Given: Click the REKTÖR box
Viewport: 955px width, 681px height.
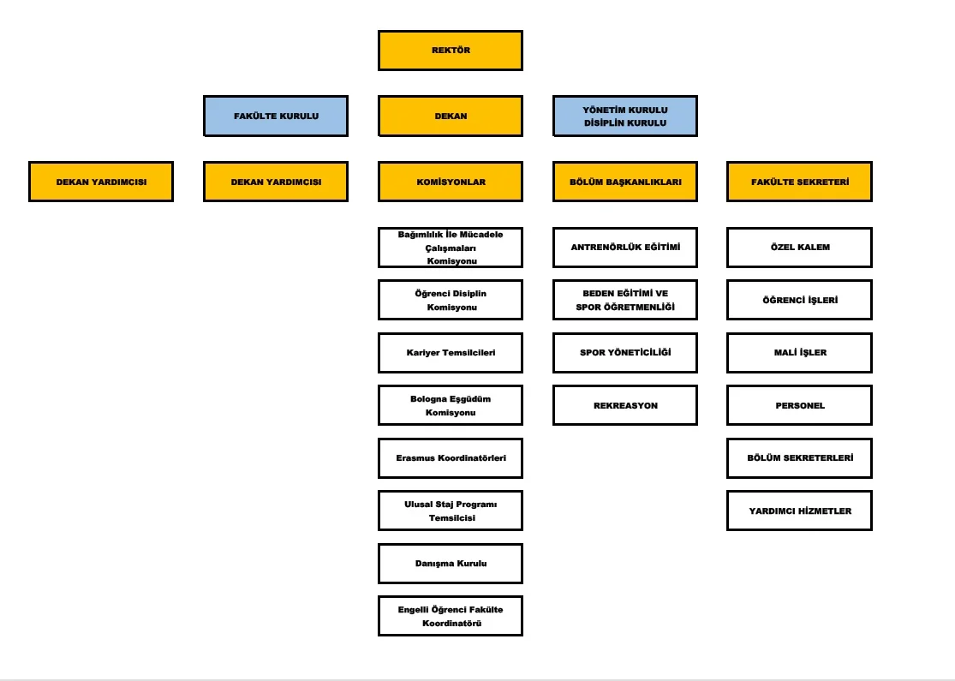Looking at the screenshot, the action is pos(451,51).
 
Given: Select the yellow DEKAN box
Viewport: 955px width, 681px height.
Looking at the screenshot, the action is pos(451,116).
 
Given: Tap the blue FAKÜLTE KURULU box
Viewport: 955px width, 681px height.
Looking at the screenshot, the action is pos(276,116).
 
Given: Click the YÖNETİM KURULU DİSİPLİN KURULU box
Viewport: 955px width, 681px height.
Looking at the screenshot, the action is pos(625,116).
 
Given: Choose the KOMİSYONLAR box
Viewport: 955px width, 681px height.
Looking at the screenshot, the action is pos(451,182).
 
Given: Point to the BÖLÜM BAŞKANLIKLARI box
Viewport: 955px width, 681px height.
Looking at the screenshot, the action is pos(625,182).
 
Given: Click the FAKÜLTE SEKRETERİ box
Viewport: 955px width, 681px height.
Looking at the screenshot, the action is pos(800,182).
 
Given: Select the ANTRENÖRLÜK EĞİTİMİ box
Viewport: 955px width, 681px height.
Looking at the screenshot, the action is pos(625,248).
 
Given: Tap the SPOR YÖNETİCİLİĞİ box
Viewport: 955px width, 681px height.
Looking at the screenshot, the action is pos(625,353).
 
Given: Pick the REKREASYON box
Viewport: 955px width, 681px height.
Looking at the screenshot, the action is pos(625,405).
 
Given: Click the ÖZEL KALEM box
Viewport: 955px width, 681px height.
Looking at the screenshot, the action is pos(800,248).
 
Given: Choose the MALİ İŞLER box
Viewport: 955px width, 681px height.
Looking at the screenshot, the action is pos(800,353).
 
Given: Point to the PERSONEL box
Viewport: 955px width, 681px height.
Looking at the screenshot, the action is pos(800,405).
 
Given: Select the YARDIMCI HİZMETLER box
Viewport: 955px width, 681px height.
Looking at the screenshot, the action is pos(800,511).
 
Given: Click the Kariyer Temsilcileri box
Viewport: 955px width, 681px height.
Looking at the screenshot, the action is pos(451,353).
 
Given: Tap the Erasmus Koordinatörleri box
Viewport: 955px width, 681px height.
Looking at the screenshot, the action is pos(451,458).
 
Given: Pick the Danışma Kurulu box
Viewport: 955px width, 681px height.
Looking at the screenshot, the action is pos(451,564).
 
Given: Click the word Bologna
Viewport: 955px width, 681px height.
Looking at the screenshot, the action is pos(430,399).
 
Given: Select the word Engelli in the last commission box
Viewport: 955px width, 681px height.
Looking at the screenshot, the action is pos(413,610).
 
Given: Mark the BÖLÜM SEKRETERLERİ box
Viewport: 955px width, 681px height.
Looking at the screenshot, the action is pos(800,458).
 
